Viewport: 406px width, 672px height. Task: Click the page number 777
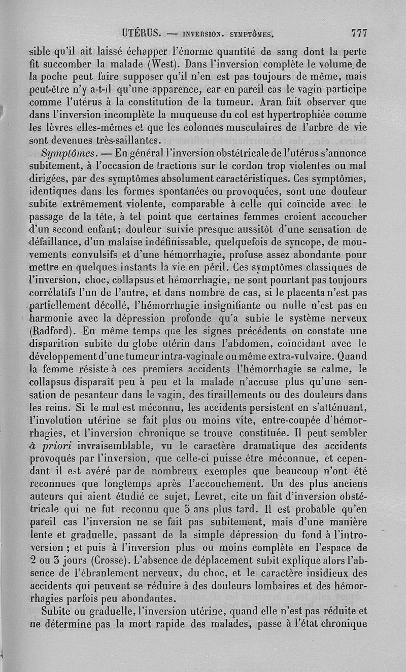[358, 33]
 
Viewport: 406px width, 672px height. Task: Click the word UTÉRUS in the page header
[142, 34]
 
